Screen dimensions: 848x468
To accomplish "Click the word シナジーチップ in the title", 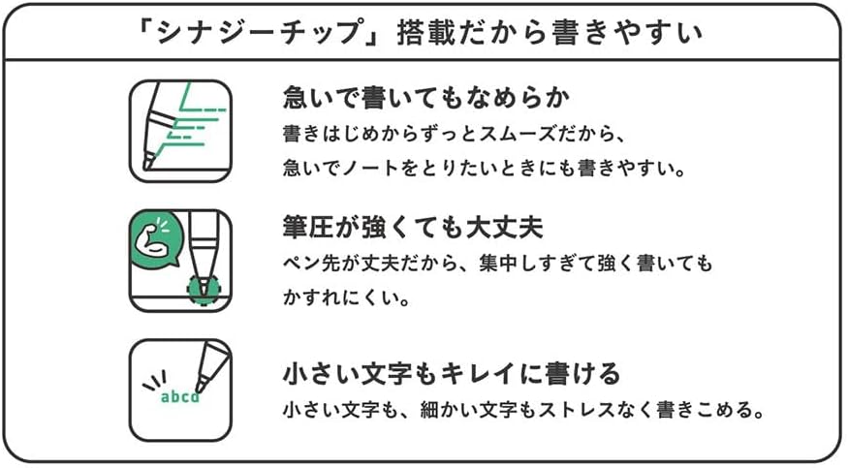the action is [259, 32].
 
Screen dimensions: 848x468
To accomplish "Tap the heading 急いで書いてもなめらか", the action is [426, 98].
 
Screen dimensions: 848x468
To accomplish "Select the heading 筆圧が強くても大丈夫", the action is [413, 227].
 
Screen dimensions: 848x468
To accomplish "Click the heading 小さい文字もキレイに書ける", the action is [451, 373].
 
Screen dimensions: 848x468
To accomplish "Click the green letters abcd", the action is [180, 397].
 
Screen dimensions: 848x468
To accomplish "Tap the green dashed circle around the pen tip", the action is [204, 290].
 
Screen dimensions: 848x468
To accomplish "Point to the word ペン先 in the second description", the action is [312, 264].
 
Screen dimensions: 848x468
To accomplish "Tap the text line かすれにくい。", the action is [346, 297].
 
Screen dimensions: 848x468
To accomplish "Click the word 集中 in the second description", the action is [499, 264].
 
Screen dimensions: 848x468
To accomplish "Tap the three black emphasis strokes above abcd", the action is [155, 380].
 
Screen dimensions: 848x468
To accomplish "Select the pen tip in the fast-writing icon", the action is [148, 161].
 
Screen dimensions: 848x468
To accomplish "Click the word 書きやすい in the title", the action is [627, 32].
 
